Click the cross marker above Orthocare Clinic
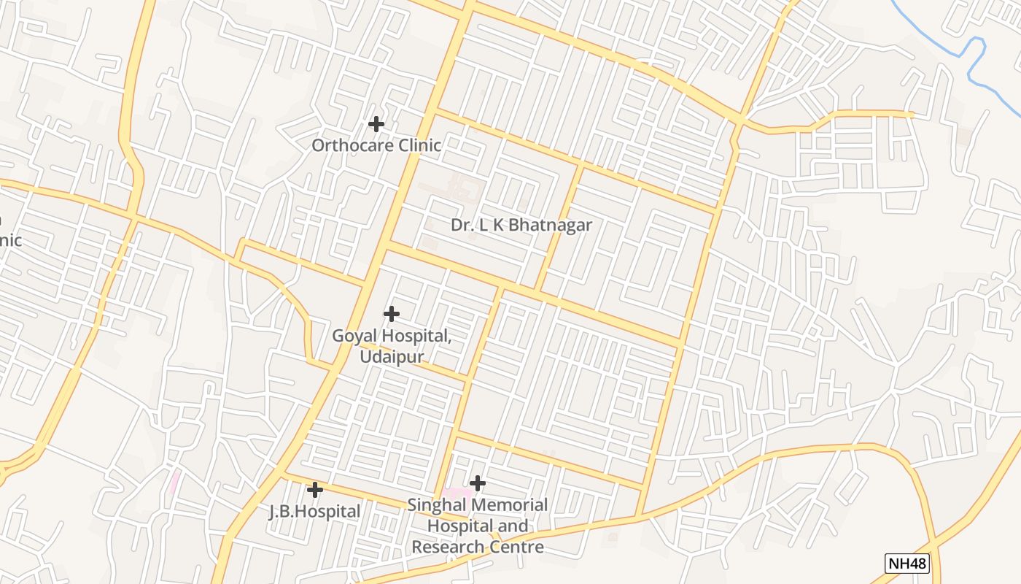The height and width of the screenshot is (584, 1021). (x=376, y=124)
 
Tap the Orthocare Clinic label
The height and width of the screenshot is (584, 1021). (x=376, y=145)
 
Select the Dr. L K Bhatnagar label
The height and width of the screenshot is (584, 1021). (x=521, y=225)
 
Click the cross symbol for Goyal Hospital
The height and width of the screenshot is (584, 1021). (x=392, y=314)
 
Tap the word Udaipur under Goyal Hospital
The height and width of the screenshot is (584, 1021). (x=391, y=357)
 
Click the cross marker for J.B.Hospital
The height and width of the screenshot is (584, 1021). (x=315, y=489)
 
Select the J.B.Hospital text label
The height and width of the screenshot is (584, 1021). (x=315, y=512)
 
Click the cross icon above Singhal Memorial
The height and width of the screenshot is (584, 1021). (x=478, y=483)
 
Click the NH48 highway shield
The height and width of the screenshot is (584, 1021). (x=907, y=564)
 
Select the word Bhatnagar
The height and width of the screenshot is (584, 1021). (x=549, y=225)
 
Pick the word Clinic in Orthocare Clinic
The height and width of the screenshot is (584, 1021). (x=418, y=145)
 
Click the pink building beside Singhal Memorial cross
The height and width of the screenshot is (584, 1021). (x=455, y=493)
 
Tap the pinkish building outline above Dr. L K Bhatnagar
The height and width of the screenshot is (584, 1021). (x=462, y=189)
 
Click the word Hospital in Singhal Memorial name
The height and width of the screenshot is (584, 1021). (x=458, y=526)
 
